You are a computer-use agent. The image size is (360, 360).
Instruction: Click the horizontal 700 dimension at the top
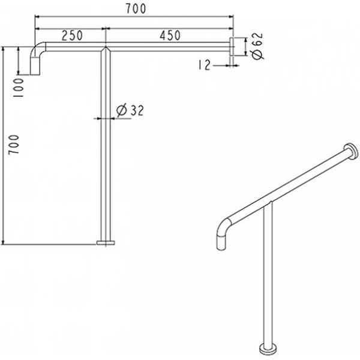click(136, 9)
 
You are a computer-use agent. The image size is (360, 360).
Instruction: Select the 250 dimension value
click(72, 35)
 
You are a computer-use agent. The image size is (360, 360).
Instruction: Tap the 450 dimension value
click(170, 35)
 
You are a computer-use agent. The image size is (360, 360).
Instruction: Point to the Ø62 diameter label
click(257, 46)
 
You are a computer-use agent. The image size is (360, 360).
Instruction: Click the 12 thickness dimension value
click(204, 65)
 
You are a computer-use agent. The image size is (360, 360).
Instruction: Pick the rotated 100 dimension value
click(19, 88)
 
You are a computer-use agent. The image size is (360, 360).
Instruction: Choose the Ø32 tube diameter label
click(130, 110)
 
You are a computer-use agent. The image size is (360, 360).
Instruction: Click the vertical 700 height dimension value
click(14, 145)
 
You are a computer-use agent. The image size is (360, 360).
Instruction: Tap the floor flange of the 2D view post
click(106, 242)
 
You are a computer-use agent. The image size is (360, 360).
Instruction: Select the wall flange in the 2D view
click(232, 46)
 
